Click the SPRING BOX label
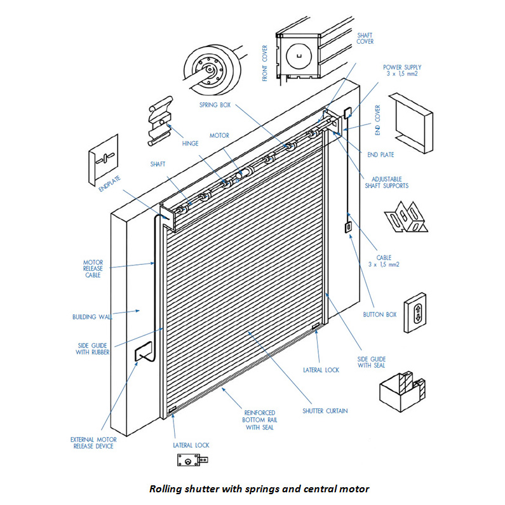click(x=214, y=105)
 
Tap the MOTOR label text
click(x=219, y=135)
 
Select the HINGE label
click(x=190, y=144)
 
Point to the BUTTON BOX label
click(x=380, y=314)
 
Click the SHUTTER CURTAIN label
click(x=326, y=411)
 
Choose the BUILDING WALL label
click(x=92, y=316)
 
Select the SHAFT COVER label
click(x=365, y=38)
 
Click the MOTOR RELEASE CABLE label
click(x=92, y=268)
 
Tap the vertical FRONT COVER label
click(x=265, y=63)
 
